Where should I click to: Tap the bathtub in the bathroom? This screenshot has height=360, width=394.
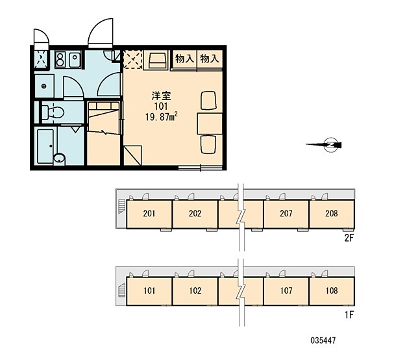45,146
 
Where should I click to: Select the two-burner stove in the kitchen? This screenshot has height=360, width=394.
60,60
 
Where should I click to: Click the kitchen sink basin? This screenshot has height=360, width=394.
75,60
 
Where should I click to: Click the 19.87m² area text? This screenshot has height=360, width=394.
162,116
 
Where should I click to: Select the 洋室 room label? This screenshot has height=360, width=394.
161,96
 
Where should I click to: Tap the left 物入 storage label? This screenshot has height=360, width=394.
185,59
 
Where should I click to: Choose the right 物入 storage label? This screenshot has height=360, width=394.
210,59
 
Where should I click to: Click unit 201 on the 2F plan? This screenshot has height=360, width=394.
149,214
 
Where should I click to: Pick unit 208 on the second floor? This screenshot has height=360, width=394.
332,214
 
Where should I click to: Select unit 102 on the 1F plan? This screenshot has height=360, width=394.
195,291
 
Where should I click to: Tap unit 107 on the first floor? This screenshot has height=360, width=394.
286,291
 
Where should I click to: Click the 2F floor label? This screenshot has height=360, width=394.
349,238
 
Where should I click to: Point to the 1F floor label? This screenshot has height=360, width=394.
349,315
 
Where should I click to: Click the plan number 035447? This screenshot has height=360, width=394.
323,341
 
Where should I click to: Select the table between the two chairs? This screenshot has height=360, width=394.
210,123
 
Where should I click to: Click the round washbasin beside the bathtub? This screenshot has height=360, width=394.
59,159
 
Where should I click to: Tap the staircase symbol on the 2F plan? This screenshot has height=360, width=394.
121,207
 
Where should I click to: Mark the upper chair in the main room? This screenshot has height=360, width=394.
208,100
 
